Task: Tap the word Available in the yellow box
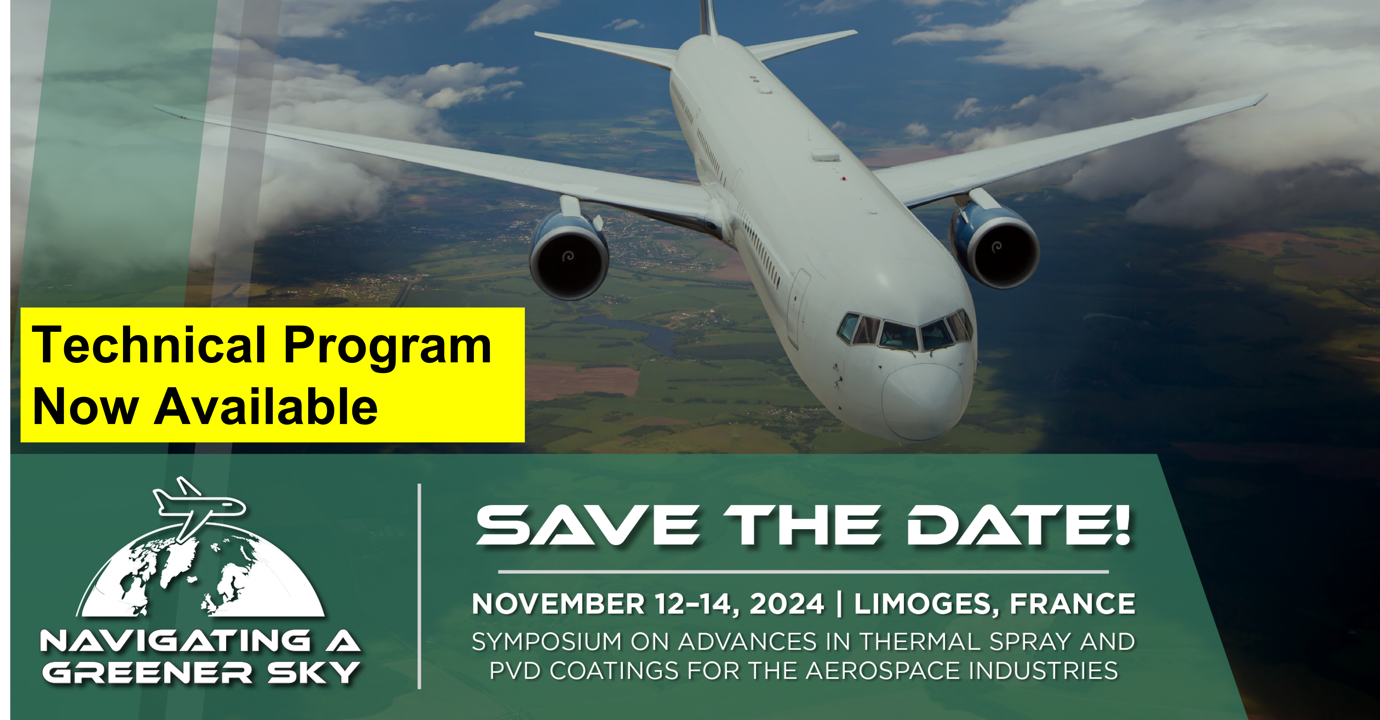[x=266, y=406]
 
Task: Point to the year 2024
[x=786, y=604]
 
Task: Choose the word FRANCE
[x=1072, y=604]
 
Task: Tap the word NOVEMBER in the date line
[x=558, y=604]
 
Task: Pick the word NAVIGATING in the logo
[x=176, y=641]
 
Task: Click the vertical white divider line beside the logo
[x=419, y=586]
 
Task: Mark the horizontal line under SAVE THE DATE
[x=803, y=571]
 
